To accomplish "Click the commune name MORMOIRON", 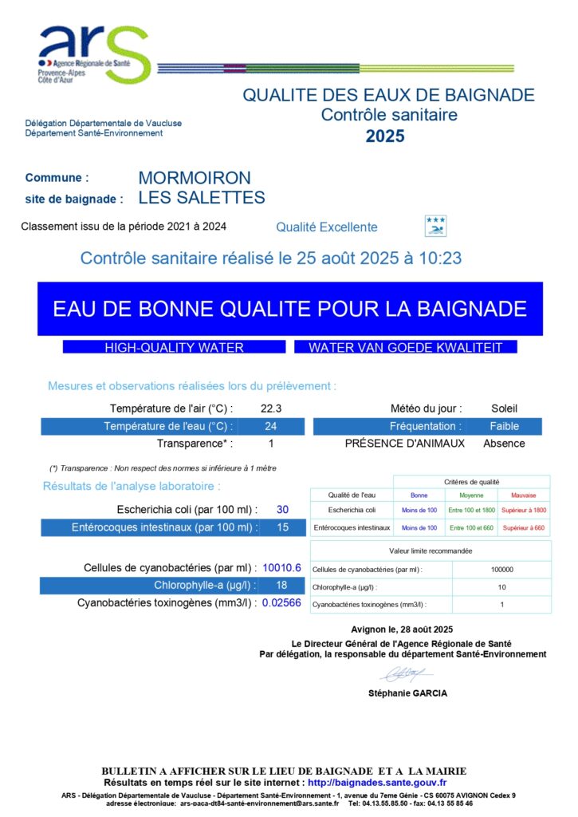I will tap(194, 178).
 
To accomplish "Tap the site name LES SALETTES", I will tap(201, 197).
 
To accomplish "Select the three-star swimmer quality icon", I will tap(435, 226).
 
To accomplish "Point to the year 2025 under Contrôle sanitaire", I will tap(385, 136).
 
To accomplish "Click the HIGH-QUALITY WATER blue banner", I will tap(174, 348).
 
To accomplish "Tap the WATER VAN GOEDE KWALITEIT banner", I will tap(405, 348).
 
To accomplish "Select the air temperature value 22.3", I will tap(270, 408).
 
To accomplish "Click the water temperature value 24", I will tap(270, 426).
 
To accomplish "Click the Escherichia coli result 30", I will tap(282, 510).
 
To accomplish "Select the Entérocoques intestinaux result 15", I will tap(282, 527).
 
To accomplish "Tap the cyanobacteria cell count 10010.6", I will tap(281, 568).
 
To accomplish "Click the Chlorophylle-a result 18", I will tap(281, 586).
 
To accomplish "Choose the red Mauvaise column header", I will tap(523, 495).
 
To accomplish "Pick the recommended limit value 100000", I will tap(501, 570).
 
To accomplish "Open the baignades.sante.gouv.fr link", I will tap(376, 783).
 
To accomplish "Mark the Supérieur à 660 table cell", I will tap(523, 528).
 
